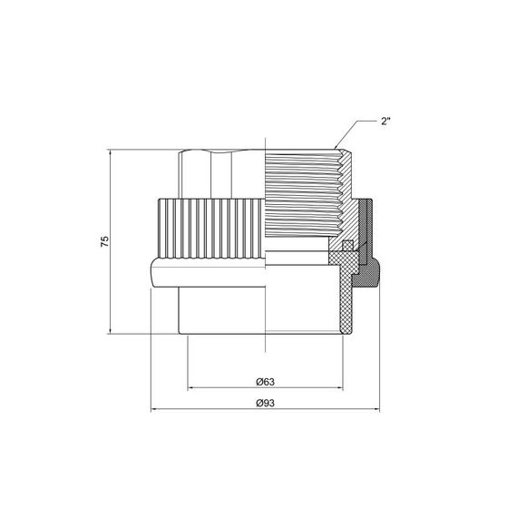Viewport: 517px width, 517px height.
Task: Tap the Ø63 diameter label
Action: [265, 381]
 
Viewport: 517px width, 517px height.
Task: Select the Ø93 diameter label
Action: [265, 402]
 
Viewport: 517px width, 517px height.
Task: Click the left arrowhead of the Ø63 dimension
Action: [191, 390]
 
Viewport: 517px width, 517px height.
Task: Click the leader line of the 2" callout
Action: [358, 127]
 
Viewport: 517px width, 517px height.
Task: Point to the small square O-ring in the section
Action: [346, 247]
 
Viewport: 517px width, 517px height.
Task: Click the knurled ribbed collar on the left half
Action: [209, 228]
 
